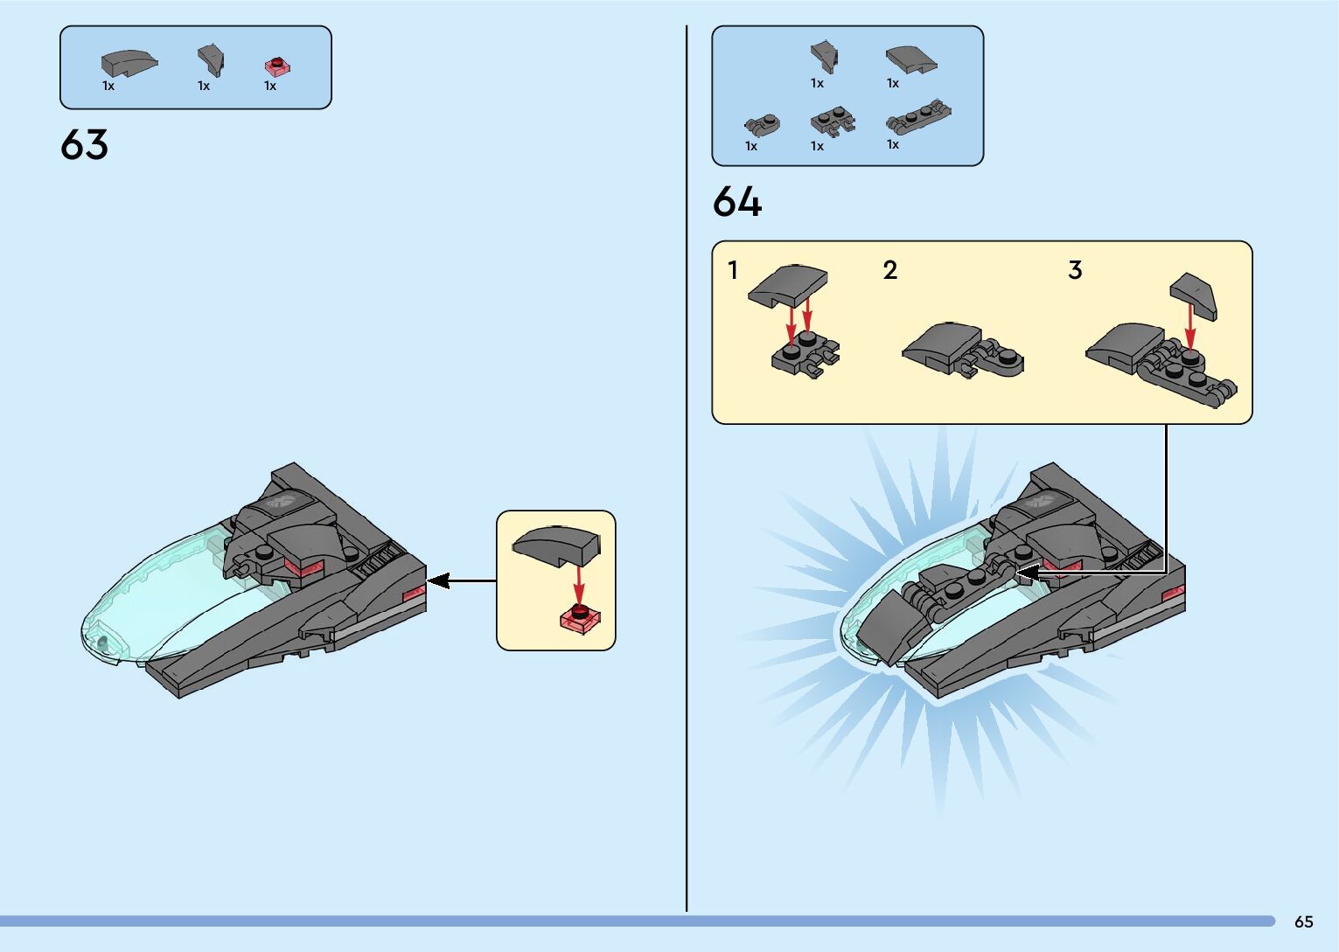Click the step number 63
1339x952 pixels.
coord(84,145)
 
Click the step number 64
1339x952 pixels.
coord(736,202)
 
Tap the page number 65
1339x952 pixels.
coord(1303,921)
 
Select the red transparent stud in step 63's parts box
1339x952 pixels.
coord(276,66)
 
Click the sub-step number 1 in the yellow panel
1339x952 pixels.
coord(733,270)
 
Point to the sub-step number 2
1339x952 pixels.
coord(889,270)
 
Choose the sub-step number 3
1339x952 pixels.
coord(1075,270)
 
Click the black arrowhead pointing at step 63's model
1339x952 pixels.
coord(437,580)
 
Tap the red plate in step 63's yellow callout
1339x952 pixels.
coord(580,618)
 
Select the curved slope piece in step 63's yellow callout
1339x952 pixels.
coord(557,545)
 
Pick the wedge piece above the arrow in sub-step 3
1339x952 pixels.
coord(1194,293)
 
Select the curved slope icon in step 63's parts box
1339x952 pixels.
coord(129,62)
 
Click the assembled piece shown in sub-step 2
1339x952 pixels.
coord(962,350)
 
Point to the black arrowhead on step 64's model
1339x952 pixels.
coord(1026,573)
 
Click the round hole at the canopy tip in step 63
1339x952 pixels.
coord(102,643)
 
